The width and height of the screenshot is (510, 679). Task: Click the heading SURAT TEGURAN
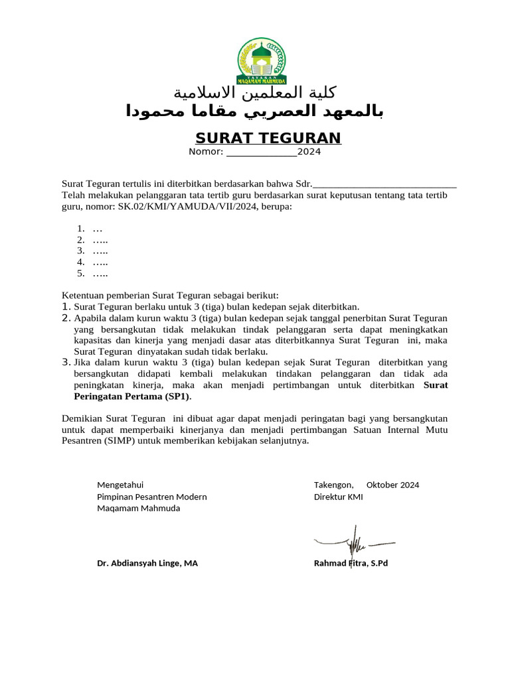[x=268, y=138]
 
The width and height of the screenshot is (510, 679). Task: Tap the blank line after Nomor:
[x=261, y=152]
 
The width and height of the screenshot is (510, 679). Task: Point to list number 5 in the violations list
[x=81, y=273]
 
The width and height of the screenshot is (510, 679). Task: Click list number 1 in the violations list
[x=81, y=228]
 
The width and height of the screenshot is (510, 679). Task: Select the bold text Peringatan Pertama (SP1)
[x=130, y=397]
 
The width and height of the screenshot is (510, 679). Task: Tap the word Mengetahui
[x=120, y=485]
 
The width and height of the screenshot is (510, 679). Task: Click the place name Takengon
[x=333, y=485]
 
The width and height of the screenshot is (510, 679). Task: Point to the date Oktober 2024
[x=392, y=485]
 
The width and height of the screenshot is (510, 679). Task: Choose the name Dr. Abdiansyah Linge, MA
[x=147, y=563]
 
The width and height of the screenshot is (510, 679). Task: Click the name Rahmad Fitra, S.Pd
[x=351, y=563]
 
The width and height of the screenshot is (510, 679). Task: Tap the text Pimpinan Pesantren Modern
[x=152, y=497]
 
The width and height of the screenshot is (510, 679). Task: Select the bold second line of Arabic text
[x=255, y=111]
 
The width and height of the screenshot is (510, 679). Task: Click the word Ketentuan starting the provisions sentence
[x=83, y=295]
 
